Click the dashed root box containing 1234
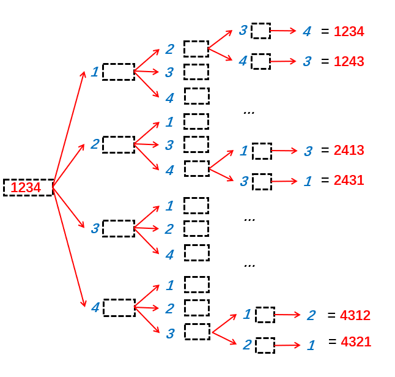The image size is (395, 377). (28, 187)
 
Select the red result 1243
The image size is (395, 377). (349, 62)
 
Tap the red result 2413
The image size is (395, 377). (349, 151)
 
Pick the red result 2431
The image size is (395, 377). (349, 181)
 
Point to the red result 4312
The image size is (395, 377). (355, 316)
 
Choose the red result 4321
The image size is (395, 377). (355, 342)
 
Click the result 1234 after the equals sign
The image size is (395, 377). (349, 32)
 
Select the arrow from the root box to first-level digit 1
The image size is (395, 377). (69, 129)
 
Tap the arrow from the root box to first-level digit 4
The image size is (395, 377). (69, 246)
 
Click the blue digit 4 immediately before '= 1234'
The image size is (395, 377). (307, 31)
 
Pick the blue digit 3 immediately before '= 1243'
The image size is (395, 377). (307, 61)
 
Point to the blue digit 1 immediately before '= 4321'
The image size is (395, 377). (311, 345)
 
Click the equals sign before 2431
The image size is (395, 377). (325, 181)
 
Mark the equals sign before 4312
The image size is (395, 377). (331, 316)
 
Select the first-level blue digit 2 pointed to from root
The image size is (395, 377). (95, 144)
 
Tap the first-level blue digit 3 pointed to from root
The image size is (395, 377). (95, 229)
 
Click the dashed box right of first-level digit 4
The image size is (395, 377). (119, 308)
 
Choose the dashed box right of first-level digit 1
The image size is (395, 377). (118, 72)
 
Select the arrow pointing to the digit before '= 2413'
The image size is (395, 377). (284, 151)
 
